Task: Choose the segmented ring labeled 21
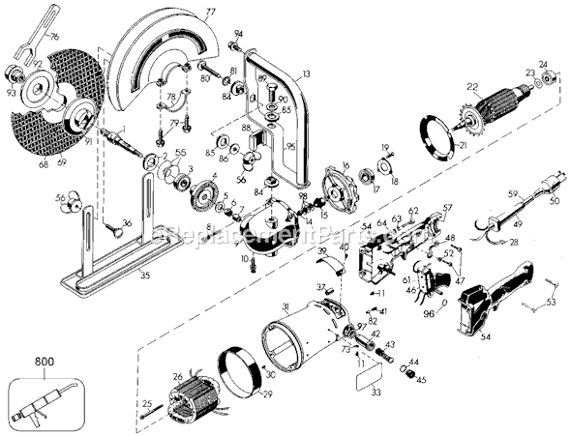point(439,143)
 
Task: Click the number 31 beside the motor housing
point(285,307)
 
